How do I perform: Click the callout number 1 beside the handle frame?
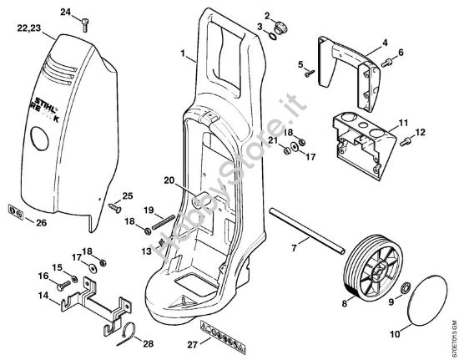(x=183, y=53)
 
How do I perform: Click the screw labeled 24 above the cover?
(x=84, y=24)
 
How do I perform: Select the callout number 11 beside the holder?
(x=402, y=123)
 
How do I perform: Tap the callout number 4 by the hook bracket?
(x=384, y=41)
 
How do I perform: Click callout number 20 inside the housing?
(x=167, y=180)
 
